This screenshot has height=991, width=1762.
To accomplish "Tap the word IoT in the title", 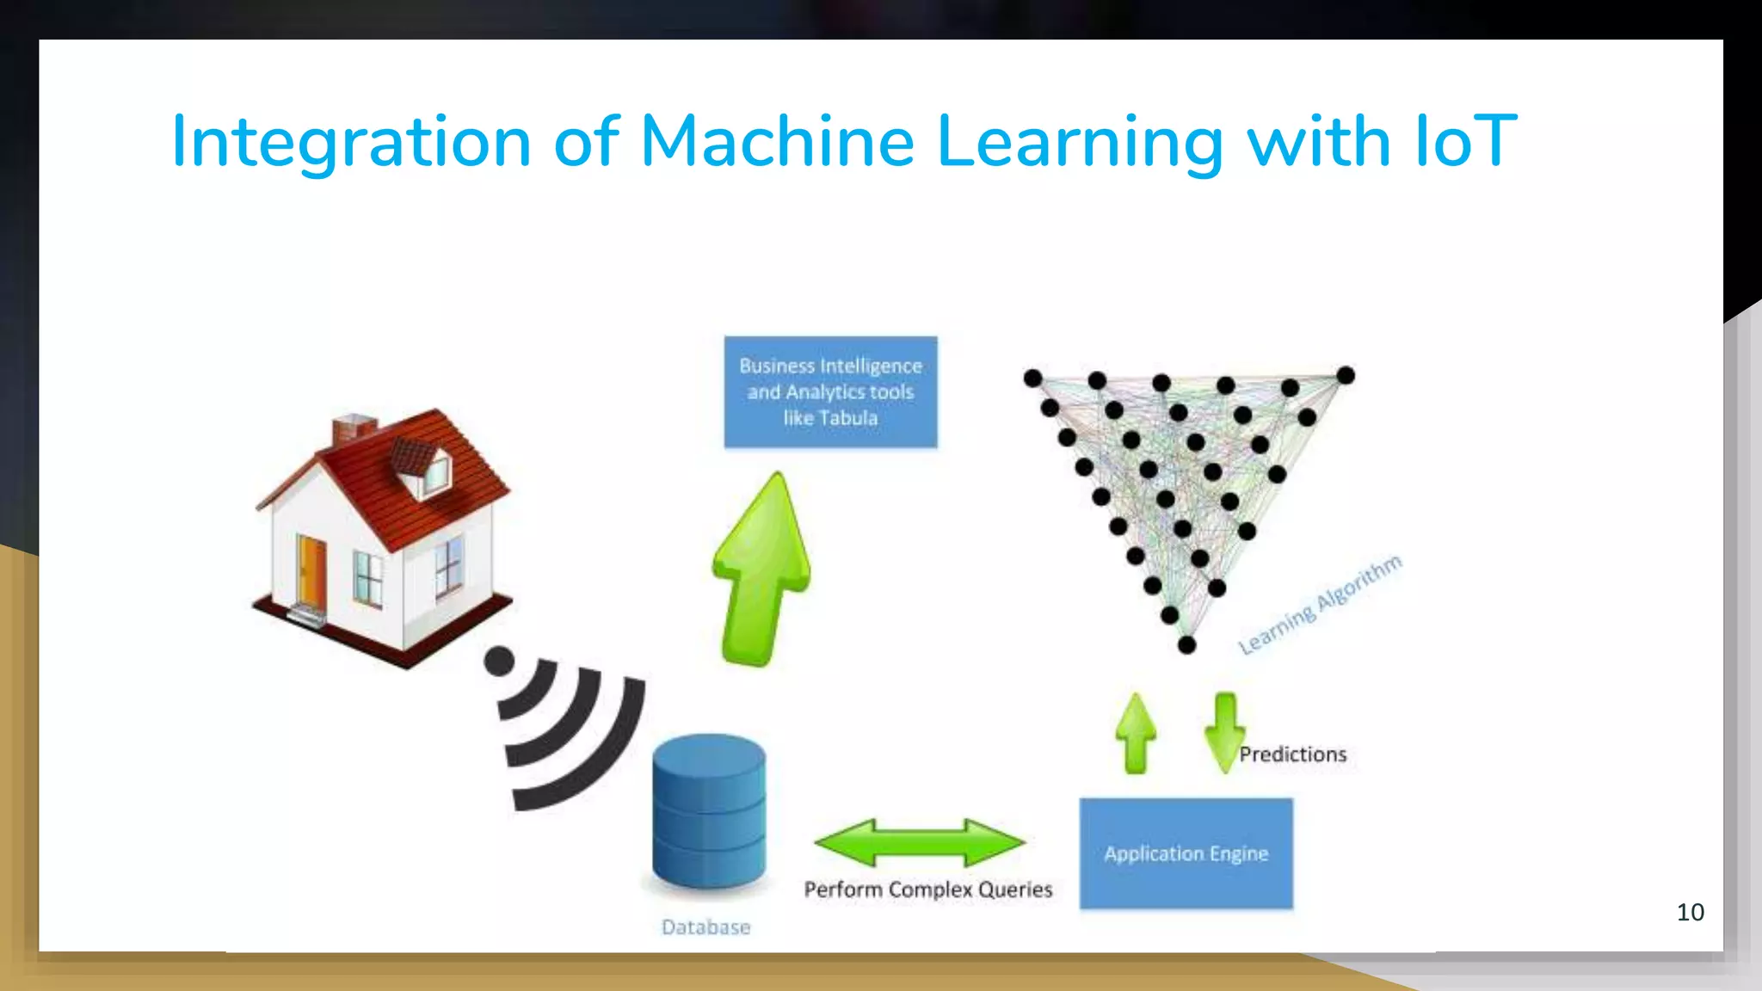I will tap(1466, 141).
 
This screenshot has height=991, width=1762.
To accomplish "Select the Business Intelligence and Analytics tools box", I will tap(830, 392).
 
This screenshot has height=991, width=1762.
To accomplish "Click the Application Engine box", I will tap(1186, 853).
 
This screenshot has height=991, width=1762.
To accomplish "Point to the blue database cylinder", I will tap(708, 812).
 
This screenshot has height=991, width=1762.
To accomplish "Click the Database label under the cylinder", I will tap(705, 927).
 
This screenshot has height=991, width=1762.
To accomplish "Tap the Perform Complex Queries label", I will tap(927, 889).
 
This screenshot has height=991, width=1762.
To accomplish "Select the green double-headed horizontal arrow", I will tap(920, 842).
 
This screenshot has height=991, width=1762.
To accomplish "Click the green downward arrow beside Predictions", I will tap(1224, 732).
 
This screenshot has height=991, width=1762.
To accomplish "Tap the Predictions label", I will tap(1292, 754).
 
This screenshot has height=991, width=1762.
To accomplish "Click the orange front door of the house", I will tap(311, 571).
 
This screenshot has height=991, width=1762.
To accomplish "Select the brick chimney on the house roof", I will tap(353, 428).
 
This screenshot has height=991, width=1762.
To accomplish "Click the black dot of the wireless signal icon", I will tap(499, 662).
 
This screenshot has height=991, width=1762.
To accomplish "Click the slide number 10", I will tap(1690, 912).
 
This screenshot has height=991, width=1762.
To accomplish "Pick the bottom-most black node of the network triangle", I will tap(1186, 645).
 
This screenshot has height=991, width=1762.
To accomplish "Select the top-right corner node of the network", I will tap(1346, 375).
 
